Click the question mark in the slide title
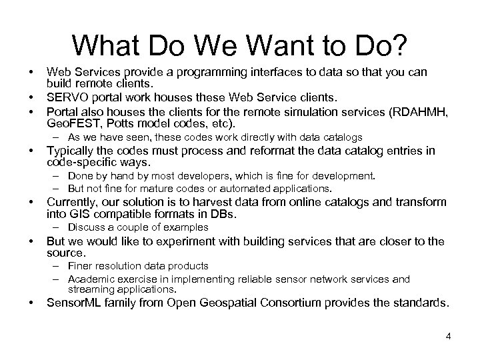click(x=399, y=45)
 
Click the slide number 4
click(x=449, y=336)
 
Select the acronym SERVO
click(x=65, y=99)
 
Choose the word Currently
click(x=72, y=202)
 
